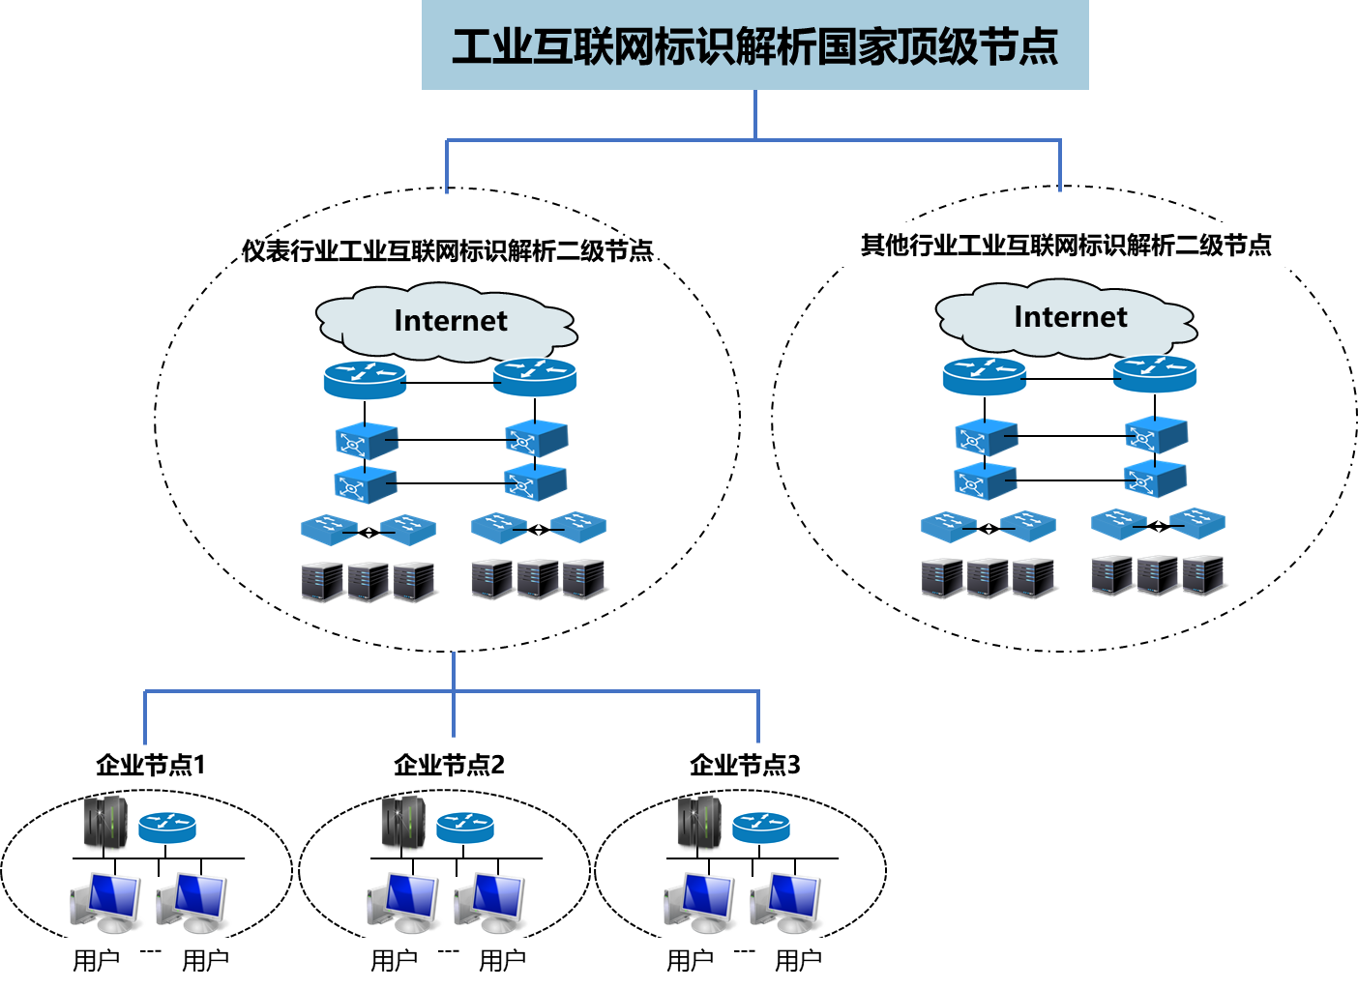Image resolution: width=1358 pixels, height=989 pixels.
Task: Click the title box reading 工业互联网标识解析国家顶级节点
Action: click(754, 45)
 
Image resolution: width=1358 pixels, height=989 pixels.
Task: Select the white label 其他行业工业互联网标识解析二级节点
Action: click(1066, 246)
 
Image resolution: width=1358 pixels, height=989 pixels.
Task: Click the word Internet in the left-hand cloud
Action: click(450, 321)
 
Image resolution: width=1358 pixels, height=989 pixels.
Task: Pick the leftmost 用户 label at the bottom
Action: click(97, 960)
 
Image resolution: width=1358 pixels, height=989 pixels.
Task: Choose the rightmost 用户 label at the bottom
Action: click(799, 960)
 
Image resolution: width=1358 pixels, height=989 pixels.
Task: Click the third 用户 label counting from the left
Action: click(395, 960)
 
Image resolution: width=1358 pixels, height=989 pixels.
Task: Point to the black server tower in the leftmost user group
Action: click(105, 824)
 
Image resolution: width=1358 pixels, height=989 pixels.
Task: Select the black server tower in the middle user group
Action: click(403, 824)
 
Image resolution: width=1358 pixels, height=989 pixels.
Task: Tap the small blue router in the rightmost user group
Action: click(761, 828)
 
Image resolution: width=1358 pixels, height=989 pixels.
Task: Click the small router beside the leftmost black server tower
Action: click(167, 828)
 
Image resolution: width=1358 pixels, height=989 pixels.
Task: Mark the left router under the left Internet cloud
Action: click(365, 379)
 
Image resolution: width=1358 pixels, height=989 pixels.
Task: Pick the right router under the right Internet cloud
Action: click(1154, 374)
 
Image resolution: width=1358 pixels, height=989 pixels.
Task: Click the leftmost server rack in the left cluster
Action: click(322, 582)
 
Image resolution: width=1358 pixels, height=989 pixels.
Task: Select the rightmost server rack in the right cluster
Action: click(1203, 575)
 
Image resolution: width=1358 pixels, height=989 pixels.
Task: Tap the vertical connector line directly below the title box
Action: click(754, 114)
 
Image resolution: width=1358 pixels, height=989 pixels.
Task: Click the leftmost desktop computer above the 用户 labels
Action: click(105, 902)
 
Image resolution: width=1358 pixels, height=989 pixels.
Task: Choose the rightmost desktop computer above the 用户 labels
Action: click(786, 902)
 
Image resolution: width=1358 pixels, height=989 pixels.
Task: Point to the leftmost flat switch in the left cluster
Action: click(329, 529)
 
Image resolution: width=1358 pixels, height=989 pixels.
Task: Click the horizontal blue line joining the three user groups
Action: click(290, 691)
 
